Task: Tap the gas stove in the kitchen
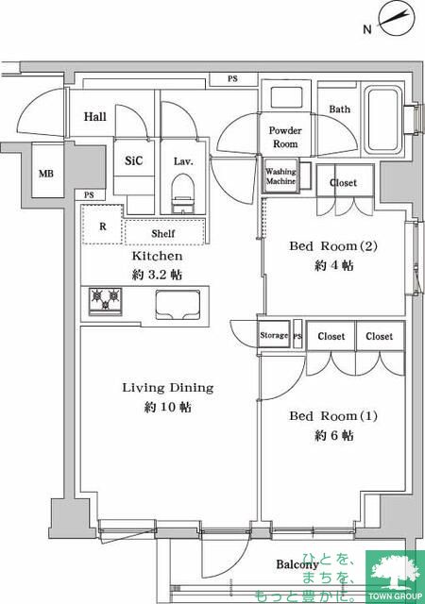click(105, 301)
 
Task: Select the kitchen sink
click(178, 305)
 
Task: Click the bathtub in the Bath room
click(383, 120)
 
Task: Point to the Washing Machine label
click(280, 176)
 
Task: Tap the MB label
click(46, 174)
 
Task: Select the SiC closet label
click(133, 160)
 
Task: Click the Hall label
click(94, 116)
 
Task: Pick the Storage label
click(274, 335)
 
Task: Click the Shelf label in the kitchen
click(163, 233)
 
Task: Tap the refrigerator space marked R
click(102, 226)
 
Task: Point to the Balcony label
click(297, 564)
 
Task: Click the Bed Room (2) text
click(333, 245)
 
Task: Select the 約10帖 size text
click(168, 407)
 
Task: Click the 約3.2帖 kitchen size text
click(157, 275)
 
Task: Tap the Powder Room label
click(285, 137)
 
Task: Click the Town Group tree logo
click(395, 574)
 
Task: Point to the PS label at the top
click(232, 78)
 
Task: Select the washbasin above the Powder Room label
click(286, 97)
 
